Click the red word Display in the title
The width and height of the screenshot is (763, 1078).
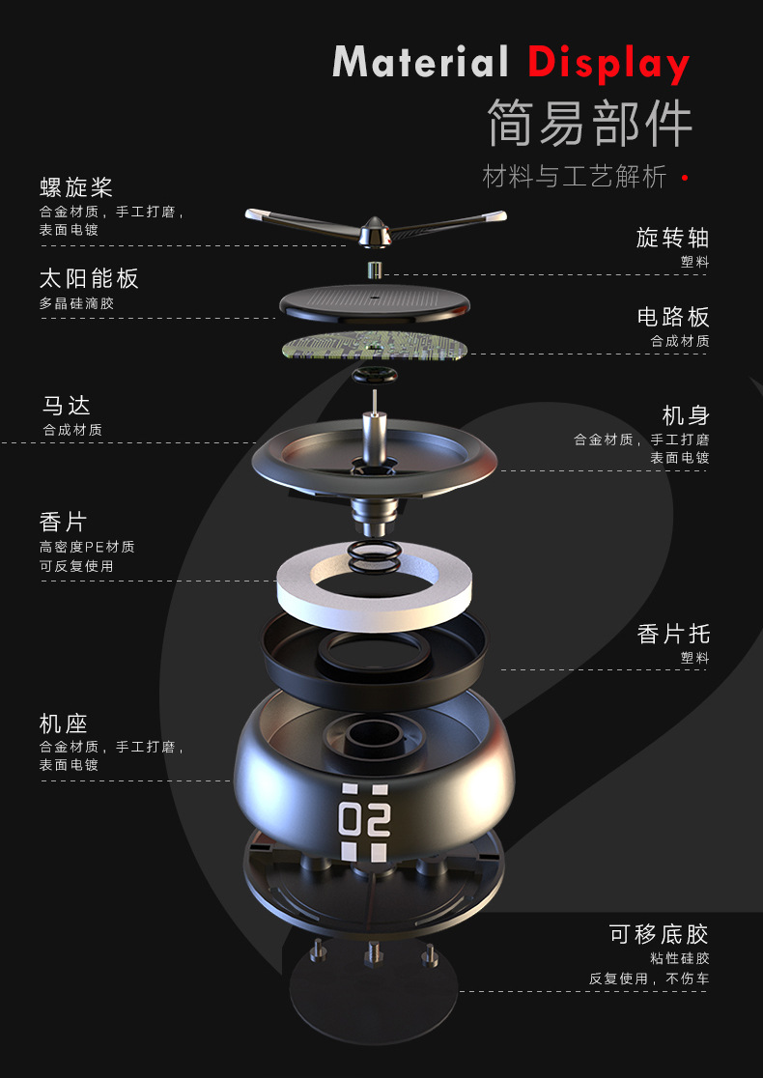pyautogui.click(x=608, y=64)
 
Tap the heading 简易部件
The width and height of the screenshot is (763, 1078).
pyautogui.click(x=590, y=123)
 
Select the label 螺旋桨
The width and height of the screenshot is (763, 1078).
pyautogui.click(x=76, y=186)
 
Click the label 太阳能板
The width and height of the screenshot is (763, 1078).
pyautogui.click(x=89, y=278)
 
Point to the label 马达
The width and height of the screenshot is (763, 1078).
pyautogui.click(x=66, y=405)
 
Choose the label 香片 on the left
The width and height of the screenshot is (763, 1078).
pyautogui.click(x=64, y=522)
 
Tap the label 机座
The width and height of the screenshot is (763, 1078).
pyautogui.click(x=64, y=723)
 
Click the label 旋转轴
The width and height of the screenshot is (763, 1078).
pyautogui.click(x=672, y=238)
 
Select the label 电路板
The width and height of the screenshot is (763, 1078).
pyautogui.click(x=673, y=316)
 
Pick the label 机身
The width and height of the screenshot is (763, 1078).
pyautogui.click(x=686, y=415)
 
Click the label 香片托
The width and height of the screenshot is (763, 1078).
pyautogui.click(x=673, y=633)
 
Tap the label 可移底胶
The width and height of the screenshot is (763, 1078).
pyautogui.click(x=659, y=933)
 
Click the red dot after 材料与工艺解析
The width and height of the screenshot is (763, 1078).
pyautogui.click(x=685, y=178)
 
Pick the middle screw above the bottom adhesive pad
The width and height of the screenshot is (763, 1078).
pyautogui.click(x=373, y=955)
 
